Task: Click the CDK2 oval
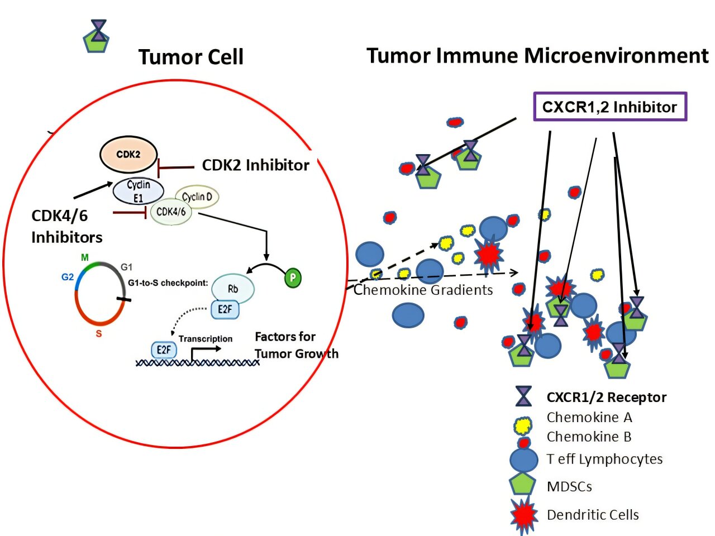pos(128,155)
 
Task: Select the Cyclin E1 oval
pos(138,191)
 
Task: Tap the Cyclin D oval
pos(197,197)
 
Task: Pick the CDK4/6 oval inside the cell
pos(171,212)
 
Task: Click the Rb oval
pos(233,289)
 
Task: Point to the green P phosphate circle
pos(293,277)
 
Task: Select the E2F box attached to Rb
pos(225,309)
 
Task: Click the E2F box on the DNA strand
pos(164,350)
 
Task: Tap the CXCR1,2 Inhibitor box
pos(610,107)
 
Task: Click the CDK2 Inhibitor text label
pos(255,165)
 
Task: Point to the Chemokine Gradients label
pos(423,290)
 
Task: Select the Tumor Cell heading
pos(191,57)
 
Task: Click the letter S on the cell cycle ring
pos(99,334)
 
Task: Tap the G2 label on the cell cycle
pos(68,277)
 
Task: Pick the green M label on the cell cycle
pos(85,257)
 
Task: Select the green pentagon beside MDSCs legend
pos(523,484)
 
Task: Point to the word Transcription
pos(206,339)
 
